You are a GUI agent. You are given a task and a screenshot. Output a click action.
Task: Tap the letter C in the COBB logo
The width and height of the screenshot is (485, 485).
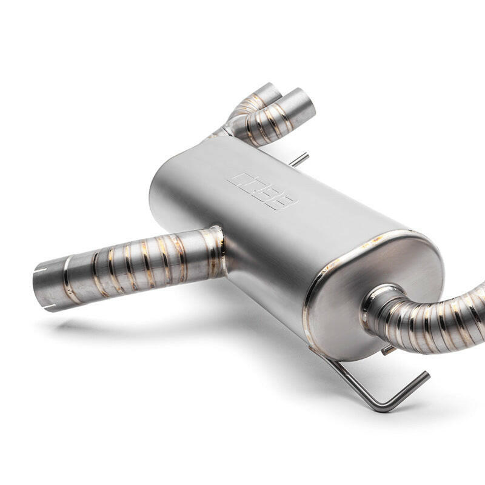[x=240, y=181]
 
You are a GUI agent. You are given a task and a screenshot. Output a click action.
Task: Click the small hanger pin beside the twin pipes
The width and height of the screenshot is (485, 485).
[x=301, y=159]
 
